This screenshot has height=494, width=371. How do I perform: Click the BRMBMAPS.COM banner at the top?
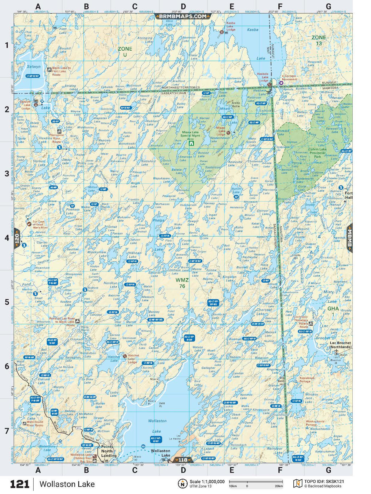(183, 16)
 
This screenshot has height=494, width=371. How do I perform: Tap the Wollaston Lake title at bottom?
(67, 484)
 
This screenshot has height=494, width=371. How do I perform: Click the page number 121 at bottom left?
(20, 484)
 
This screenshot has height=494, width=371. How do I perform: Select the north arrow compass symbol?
(182, 484)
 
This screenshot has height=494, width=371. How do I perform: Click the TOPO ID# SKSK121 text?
(324, 481)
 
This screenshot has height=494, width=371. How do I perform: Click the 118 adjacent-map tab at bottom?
(183, 460)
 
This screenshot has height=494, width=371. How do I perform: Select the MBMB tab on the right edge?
(350, 238)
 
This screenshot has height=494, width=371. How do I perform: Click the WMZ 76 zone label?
(182, 283)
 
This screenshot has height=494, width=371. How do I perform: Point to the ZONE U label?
(125, 52)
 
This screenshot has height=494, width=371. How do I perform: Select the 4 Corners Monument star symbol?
(281, 83)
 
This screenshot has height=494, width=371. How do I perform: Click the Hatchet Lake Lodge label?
(133, 359)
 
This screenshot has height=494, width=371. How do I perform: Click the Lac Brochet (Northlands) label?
(340, 345)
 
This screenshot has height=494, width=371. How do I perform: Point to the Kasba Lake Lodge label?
(231, 26)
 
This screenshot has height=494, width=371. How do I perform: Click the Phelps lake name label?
(159, 220)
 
